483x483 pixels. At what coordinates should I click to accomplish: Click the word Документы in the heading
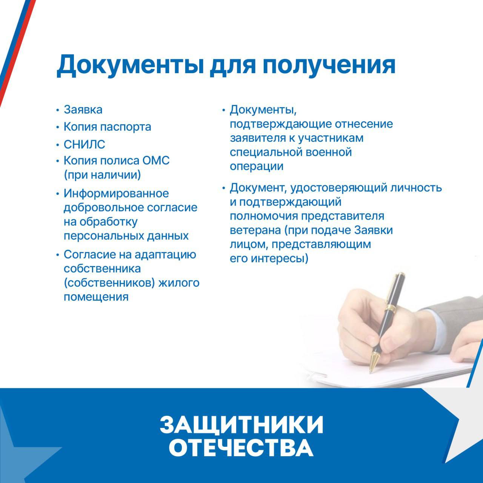coord(129,65)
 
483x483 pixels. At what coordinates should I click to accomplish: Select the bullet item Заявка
coord(83,110)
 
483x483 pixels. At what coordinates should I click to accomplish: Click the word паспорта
coord(125,127)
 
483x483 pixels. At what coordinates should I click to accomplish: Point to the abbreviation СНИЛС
coord(84,145)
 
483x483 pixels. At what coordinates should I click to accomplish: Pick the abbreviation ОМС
coord(156,160)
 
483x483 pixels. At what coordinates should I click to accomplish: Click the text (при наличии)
coord(102,175)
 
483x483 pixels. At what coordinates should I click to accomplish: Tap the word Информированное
coord(116,194)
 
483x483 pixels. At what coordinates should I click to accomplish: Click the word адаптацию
coord(165,255)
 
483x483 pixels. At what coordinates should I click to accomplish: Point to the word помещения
coord(96,297)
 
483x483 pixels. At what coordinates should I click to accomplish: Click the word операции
coord(257,166)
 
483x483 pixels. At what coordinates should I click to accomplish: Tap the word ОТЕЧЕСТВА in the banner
coord(241,448)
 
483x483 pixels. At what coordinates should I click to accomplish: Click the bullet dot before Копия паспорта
coord(58,127)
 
